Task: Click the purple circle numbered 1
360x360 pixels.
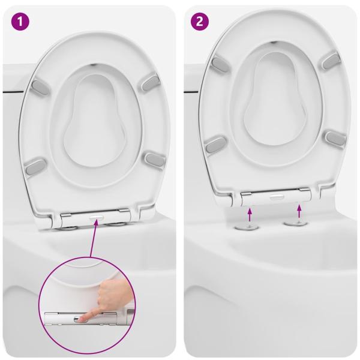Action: [x=20, y=22]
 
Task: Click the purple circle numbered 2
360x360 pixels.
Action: [x=200, y=22]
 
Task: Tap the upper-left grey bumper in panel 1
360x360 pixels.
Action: [x=40, y=88]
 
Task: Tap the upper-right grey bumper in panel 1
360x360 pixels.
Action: [x=151, y=82]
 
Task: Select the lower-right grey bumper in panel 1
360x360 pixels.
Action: [x=155, y=160]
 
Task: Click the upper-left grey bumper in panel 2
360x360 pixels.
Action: [x=220, y=64]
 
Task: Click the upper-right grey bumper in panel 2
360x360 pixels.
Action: [x=331, y=61]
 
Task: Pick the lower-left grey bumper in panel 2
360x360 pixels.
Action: [x=215, y=145]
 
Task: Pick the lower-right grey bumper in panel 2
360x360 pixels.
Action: [x=335, y=139]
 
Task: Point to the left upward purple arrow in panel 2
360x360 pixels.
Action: [x=250, y=214]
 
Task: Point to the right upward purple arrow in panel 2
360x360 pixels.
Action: [x=299, y=211]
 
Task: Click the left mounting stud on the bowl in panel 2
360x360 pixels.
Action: [x=247, y=227]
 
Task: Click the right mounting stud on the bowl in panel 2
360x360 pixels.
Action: [x=295, y=223]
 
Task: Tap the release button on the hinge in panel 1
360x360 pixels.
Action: [x=97, y=217]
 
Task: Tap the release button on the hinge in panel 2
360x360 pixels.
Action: [x=277, y=197]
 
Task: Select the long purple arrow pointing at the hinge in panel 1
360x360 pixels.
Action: [x=94, y=239]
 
